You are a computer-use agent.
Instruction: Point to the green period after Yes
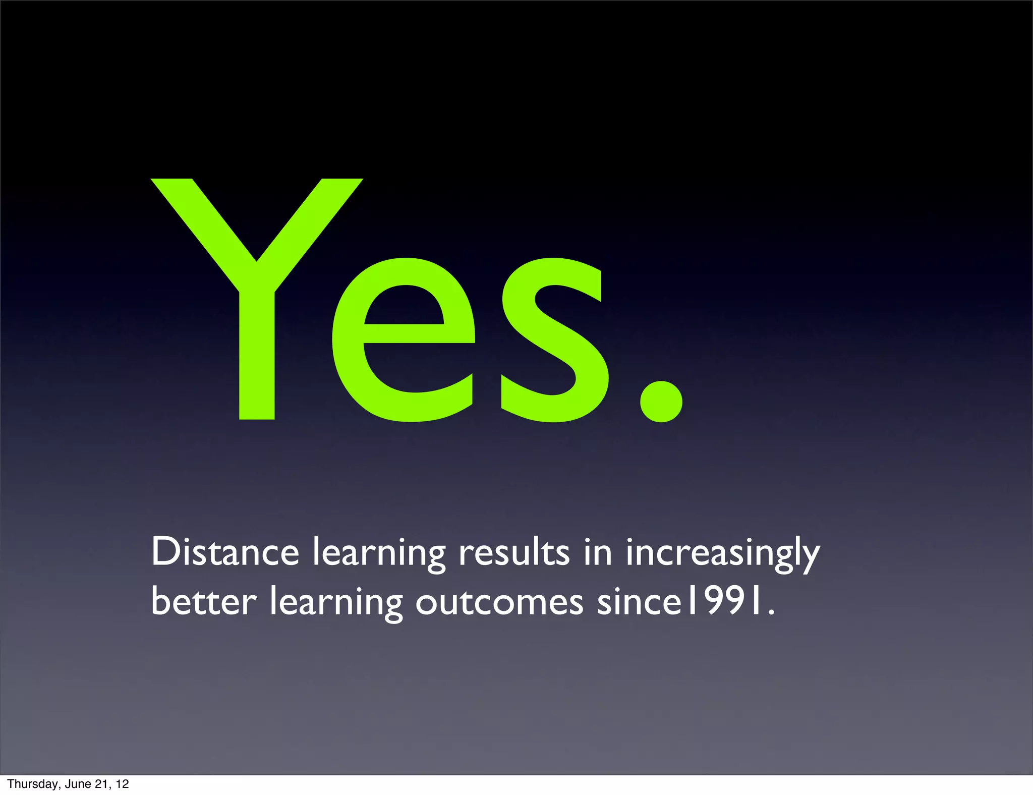coord(661,401)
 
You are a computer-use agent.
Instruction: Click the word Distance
coord(225,552)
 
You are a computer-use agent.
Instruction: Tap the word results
coord(514,552)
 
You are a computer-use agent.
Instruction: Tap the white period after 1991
coord(770,612)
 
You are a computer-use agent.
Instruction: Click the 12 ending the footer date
coord(122,784)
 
